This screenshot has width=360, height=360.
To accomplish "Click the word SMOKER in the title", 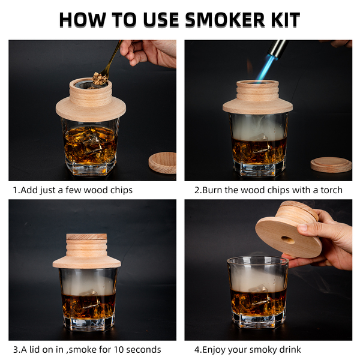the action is (x=225, y=20).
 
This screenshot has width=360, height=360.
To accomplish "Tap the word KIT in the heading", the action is (x=286, y=20).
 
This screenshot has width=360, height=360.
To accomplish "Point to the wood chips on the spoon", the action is (x=99, y=78).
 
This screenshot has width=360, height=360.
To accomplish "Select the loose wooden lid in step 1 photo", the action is (x=163, y=163).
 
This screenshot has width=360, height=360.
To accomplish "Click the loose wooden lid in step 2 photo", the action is (x=331, y=164).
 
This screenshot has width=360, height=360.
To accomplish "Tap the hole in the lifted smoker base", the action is (x=287, y=240).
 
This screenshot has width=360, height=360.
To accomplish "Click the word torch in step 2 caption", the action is (x=331, y=190).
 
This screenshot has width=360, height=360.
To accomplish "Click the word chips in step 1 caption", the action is (x=121, y=190).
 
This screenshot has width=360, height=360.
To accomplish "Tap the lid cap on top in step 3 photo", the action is (x=86, y=237).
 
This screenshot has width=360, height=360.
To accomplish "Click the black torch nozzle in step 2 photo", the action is (x=278, y=49).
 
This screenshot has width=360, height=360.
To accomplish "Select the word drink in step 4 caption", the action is (x=290, y=349).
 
